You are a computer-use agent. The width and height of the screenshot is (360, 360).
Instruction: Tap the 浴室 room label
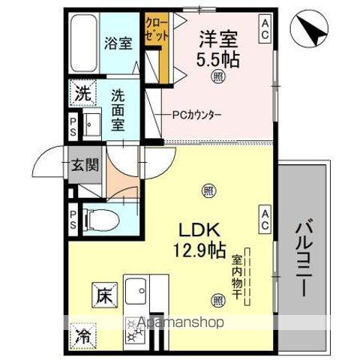coord(117,43)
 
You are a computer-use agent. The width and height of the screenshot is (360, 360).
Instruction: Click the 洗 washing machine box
coord(83,94)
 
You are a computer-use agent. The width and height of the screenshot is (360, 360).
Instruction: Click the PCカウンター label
coord(197,114)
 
